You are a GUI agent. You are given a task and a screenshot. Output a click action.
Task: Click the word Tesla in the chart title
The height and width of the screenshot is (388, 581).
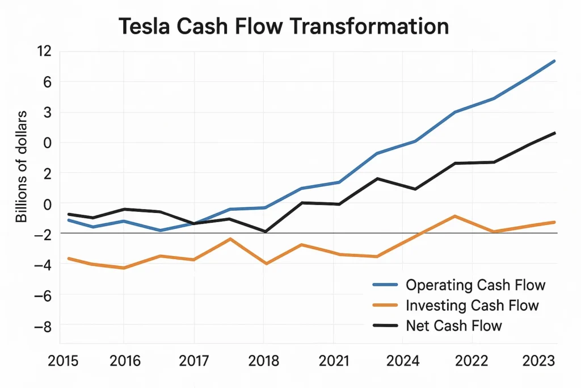(x=146, y=27)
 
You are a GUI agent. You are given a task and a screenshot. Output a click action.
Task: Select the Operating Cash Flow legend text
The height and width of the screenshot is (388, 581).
(x=475, y=285)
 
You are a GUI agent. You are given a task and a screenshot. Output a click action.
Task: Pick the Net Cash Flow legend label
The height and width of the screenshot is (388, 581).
(x=454, y=326)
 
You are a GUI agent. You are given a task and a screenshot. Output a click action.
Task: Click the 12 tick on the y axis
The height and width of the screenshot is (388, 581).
(x=44, y=51)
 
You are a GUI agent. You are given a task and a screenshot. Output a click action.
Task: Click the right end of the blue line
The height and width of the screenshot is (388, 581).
(x=554, y=61)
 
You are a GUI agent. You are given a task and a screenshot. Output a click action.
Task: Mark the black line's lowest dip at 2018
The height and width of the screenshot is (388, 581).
(x=265, y=232)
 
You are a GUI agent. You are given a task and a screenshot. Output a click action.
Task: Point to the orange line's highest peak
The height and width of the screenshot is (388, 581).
(x=454, y=216)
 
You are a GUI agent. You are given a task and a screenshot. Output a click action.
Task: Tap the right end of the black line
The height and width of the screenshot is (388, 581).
(x=554, y=133)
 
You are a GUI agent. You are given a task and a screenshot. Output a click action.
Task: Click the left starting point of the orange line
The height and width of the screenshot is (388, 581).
(x=69, y=258)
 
